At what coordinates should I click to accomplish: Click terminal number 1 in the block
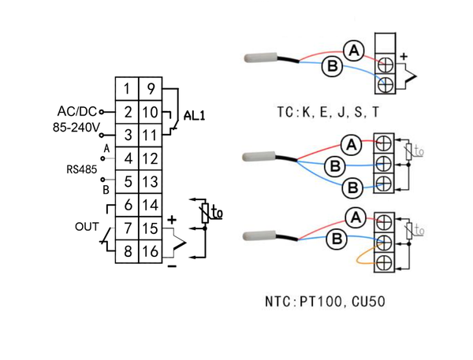click(x=128, y=89)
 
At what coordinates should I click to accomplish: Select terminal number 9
click(x=151, y=89)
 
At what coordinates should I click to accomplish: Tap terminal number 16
click(x=151, y=251)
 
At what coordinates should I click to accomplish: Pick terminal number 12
click(x=151, y=158)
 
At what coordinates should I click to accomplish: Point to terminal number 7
click(x=128, y=228)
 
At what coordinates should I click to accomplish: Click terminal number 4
click(x=128, y=158)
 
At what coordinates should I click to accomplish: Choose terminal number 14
click(x=151, y=206)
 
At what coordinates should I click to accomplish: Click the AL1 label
click(x=195, y=115)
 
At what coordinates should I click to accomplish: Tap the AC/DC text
click(x=76, y=110)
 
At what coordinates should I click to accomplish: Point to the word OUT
click(x=87, y=227)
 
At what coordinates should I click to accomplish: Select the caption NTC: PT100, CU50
click(x=325, y=301)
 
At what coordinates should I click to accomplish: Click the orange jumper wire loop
click(x=363, y=257)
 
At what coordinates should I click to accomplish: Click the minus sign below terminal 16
click(x=171, y=265)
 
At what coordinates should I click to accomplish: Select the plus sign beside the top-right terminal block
click(x=404, y=56)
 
